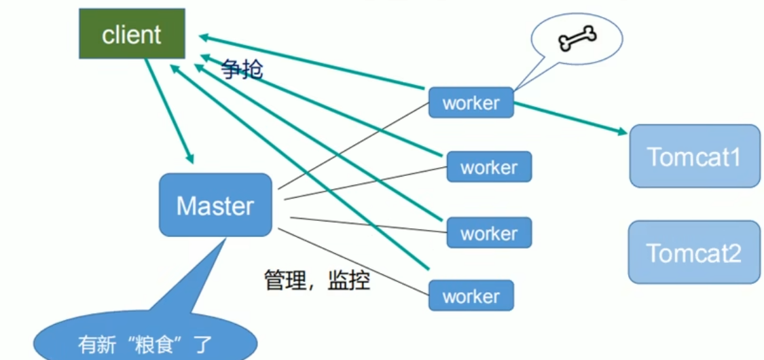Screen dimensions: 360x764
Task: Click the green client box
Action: (x=132, y=34)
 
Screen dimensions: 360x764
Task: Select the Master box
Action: (x=215, y=204)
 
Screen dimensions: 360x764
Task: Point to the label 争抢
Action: (x=241, y=69)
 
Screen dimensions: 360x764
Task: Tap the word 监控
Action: (x=349, y=280)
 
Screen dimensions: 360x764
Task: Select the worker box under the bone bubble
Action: (x=471, y=103)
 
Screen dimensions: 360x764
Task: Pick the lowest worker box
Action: (x=471, y=296)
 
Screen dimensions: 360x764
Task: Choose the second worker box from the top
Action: (x=489, y=167)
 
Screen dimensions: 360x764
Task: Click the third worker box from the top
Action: (x=489, y=233)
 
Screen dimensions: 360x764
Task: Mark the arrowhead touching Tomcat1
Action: (x=621, y=132)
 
